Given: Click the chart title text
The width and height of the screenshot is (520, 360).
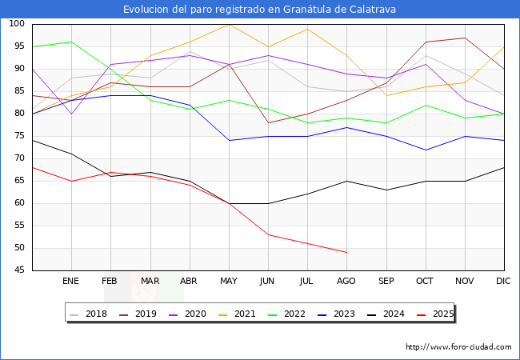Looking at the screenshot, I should tap(259, 10).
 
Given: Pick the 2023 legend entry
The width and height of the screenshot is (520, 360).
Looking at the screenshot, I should tap(340, 314).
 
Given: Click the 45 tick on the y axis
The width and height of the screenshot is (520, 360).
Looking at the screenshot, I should tap(18, 270).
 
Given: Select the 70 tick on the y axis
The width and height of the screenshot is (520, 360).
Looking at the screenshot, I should tap(18, 158).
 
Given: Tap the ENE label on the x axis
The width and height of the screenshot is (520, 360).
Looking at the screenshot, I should tap(70, 281).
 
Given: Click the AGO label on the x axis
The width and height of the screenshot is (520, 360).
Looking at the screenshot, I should tap(346, 281).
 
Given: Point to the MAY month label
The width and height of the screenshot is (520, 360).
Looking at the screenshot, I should tap(228, 281).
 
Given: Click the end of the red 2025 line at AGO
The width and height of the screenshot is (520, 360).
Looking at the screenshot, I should tap(346, 252).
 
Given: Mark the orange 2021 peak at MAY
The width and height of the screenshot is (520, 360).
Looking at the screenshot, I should tap(229, 24).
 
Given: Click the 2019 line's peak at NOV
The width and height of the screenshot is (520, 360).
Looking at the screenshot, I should tap(465, 38).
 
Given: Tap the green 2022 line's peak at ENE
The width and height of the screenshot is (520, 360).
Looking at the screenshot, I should tap(71, 42).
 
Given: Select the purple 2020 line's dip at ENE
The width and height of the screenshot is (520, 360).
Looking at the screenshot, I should tap(71, 114).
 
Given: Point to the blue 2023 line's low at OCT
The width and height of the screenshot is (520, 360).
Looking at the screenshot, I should tap(426, 150).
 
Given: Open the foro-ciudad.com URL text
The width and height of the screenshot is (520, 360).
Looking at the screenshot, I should tap(458, 347).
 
